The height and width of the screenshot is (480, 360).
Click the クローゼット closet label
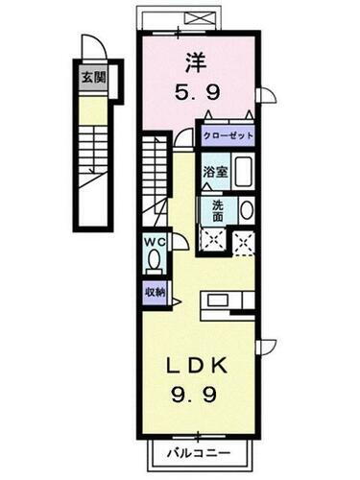point(228,136)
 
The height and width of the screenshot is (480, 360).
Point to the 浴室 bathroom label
point(214,173)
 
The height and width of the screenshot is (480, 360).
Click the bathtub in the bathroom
point(242,173)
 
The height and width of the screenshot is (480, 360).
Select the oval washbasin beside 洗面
point(245,210)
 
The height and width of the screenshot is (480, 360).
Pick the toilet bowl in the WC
point(155,261)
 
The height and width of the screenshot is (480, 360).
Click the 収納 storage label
point(155,292)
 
